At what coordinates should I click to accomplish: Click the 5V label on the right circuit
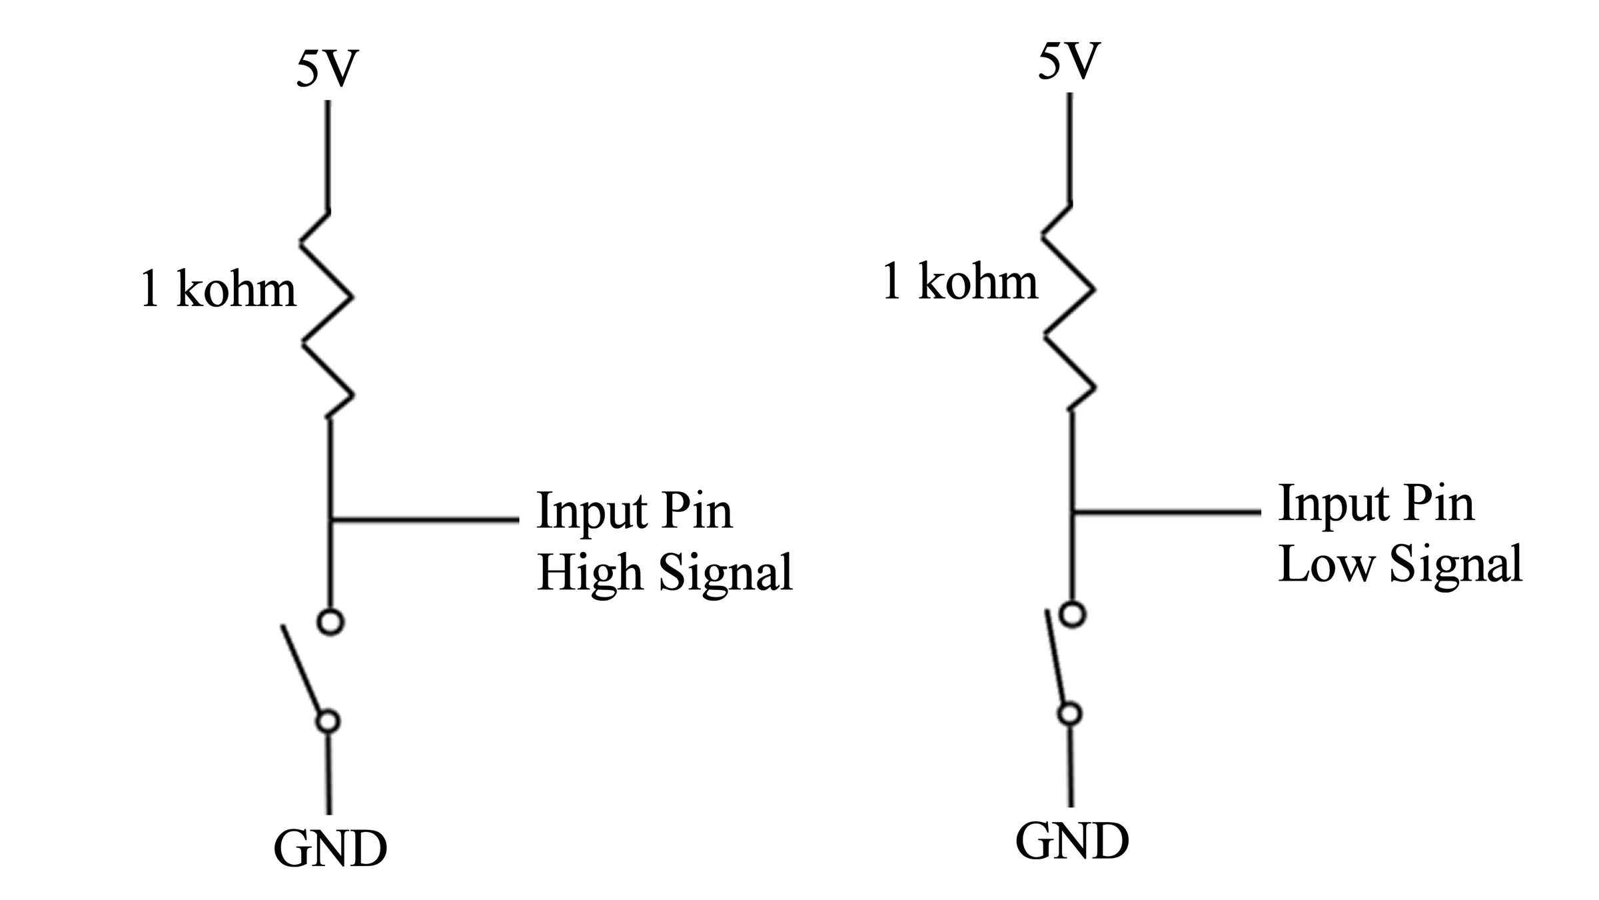click(1067, 62)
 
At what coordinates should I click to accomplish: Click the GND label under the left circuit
click(330, 848)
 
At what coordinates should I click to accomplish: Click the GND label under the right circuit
click(1072, 841)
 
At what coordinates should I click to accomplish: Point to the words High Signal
click(665, 572)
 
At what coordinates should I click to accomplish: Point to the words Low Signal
click(1400, 564)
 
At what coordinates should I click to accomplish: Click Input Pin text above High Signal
click(634, 510)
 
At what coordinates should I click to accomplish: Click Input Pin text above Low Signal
click(1376, 503)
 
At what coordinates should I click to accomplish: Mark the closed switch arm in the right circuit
click(1055, 657)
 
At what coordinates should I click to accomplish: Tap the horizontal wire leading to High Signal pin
click(425, 519)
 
